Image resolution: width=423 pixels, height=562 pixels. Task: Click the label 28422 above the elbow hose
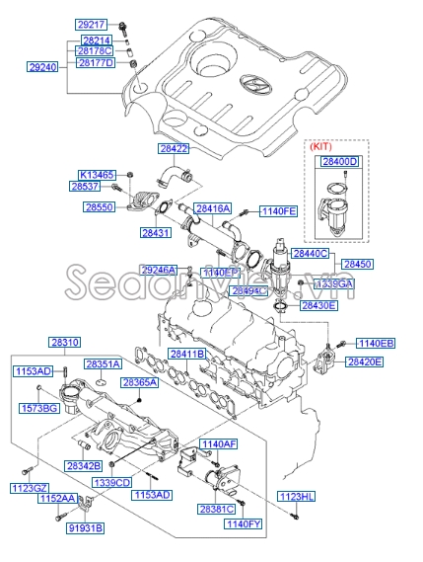[173, 148]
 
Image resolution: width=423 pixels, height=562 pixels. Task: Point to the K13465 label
[98, 173]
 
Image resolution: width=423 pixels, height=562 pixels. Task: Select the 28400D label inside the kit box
[342, 161]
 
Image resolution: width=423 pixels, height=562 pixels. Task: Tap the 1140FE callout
[277, 211]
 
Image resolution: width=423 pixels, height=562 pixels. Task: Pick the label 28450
[358, 265]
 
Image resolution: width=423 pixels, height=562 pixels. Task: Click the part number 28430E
[319, 306]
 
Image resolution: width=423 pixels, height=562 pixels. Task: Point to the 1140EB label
[375, 343]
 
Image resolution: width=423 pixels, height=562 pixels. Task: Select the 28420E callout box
[364, 361]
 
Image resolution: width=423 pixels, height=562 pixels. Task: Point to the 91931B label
[84, 528]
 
